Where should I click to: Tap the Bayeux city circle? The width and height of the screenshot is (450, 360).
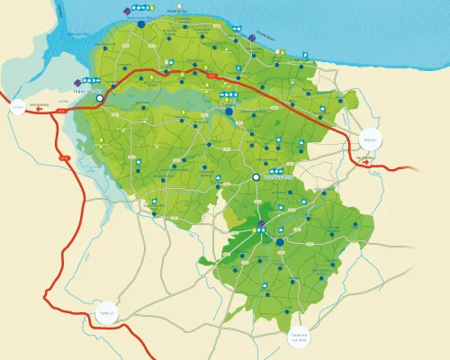coord(369,139)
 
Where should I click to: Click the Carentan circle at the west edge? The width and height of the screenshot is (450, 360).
coord(17,108)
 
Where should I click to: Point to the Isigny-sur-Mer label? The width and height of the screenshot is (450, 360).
coord(86,89)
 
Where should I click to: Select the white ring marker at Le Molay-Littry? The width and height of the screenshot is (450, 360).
coord(256,177)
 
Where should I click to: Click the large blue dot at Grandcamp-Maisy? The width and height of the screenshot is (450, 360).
coord(141,25)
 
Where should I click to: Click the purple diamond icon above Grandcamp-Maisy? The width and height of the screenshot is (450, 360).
coord(126,10)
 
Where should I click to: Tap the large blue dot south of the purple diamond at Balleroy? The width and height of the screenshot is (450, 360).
coord(279,242)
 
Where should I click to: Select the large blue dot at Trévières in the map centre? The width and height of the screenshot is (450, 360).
coord(229,112)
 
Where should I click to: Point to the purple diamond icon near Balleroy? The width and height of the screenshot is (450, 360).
coord(260,223)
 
